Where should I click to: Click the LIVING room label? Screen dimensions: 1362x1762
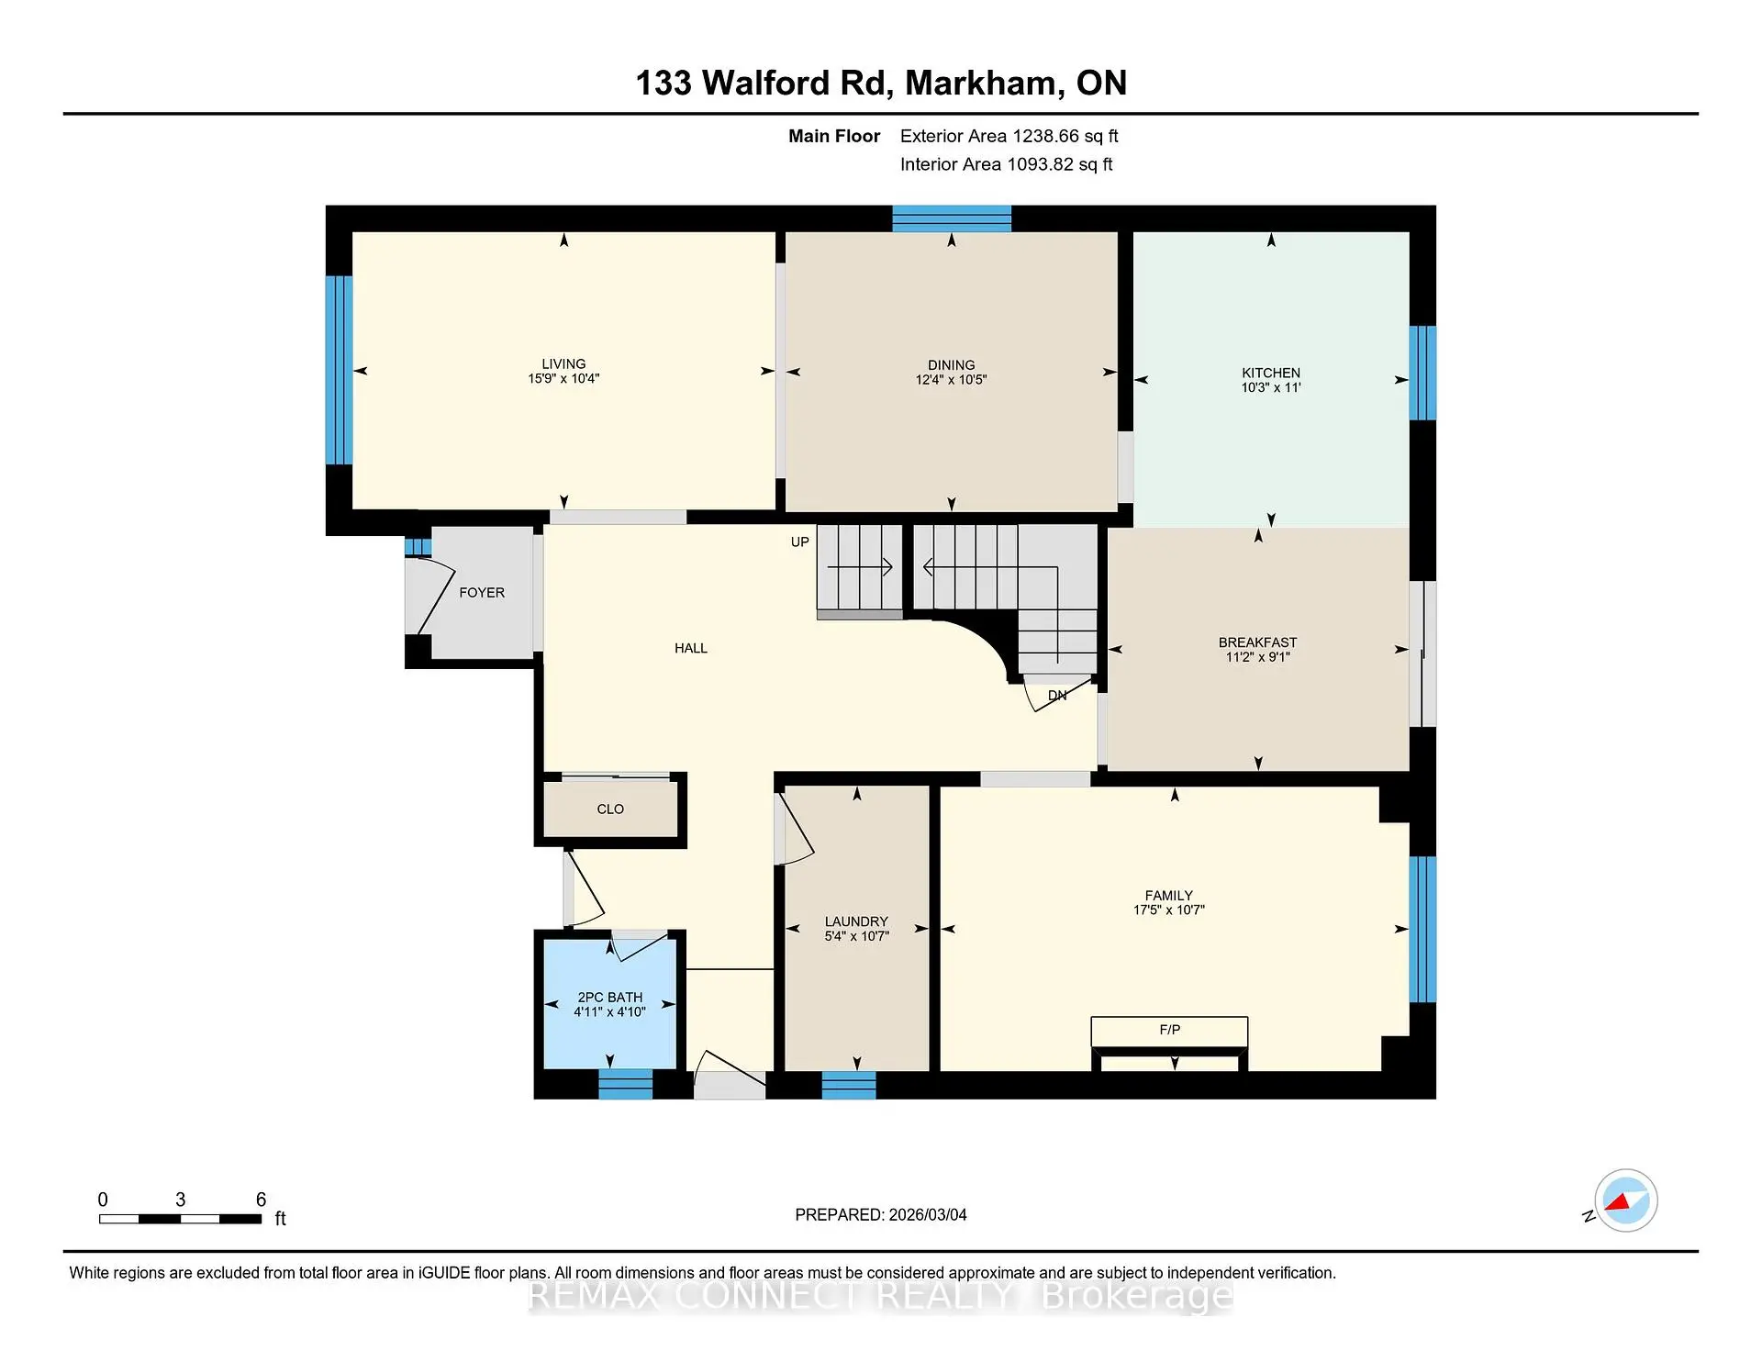point(563,363)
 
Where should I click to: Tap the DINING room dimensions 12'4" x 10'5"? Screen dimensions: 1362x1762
point(951,380)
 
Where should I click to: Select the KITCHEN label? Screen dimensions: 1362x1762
point(1270,373)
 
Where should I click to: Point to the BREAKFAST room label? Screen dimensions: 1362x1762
point(1257,642)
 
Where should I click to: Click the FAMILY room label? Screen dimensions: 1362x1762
point(1168,895)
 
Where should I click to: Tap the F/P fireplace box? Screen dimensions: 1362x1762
point(1168,1031)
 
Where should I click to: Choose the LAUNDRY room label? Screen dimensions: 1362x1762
point(856,921)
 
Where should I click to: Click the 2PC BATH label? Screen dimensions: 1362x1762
point(609,997)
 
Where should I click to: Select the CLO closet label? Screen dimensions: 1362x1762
point(610,809)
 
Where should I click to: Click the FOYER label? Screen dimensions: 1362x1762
point(482,593)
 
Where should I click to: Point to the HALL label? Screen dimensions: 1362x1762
point(690,648)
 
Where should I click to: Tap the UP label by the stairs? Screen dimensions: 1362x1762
point(799,542)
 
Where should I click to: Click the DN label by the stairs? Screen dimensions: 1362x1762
point(1057,696)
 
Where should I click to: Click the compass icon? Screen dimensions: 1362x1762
point(1625,1200)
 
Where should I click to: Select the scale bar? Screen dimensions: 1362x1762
point(180,1219)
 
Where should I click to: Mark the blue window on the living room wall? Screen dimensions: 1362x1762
point(339,370)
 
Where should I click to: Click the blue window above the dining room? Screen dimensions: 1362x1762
point(952,218)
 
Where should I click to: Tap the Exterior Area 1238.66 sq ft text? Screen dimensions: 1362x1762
point(1009,136)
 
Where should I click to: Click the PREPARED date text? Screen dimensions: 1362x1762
point(880,1214)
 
